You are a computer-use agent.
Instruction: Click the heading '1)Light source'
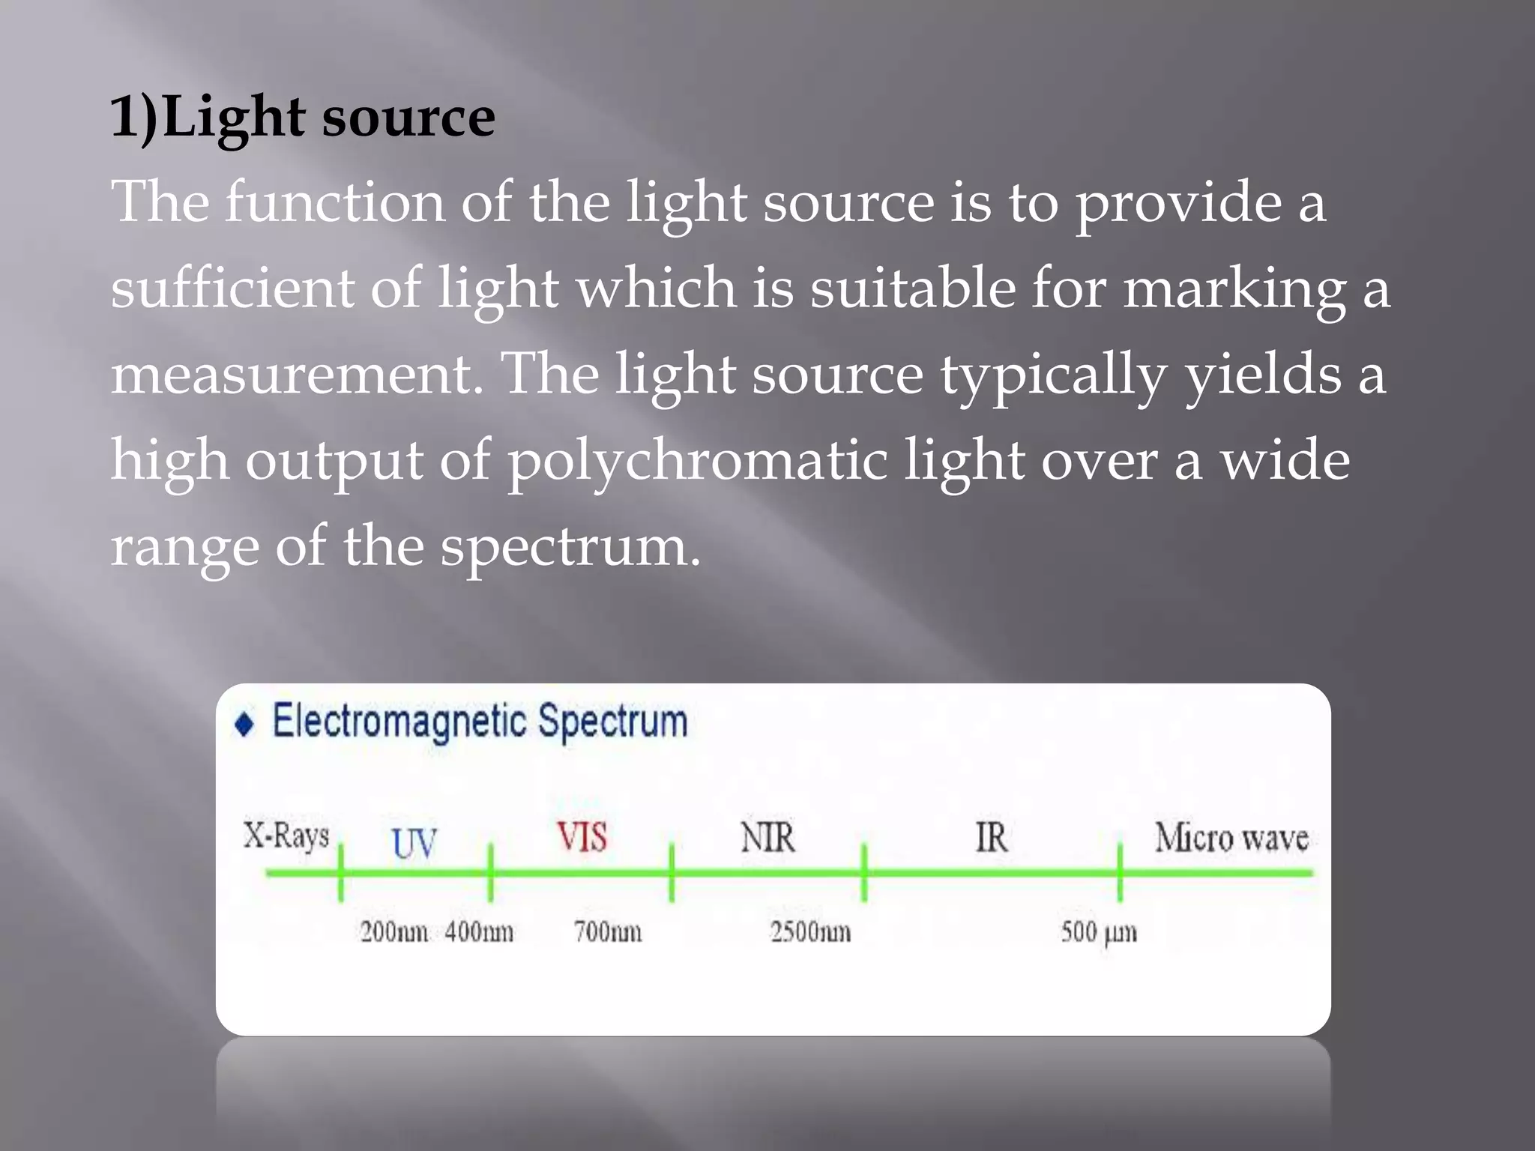pos(302,118)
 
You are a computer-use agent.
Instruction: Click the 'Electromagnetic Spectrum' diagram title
pos(480,722)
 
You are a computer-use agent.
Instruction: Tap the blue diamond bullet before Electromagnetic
pos(244,725)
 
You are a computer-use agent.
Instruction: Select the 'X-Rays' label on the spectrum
pos(286,835)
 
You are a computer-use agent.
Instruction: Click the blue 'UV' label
pos(414,843)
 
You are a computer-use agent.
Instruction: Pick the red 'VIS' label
pos(582,837)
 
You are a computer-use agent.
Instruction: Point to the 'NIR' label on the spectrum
pos(767,837)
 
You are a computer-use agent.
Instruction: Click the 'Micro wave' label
pos(1231,838)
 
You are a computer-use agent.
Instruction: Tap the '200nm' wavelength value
pos(393,932)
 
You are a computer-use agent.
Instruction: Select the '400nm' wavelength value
pos(479,932)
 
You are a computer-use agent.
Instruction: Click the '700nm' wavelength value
pos(608,932)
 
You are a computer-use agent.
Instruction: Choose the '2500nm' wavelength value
pos(810,932)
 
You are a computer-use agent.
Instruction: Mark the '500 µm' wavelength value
pos(1098,932)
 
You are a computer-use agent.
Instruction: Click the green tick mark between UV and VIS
pos(490,872)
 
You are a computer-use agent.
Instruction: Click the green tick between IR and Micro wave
pos(1120,872)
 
